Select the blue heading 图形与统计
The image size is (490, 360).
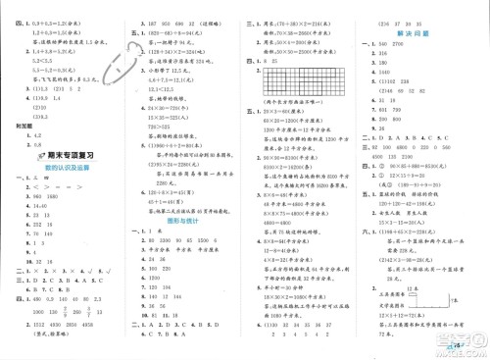click(183, 220)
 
